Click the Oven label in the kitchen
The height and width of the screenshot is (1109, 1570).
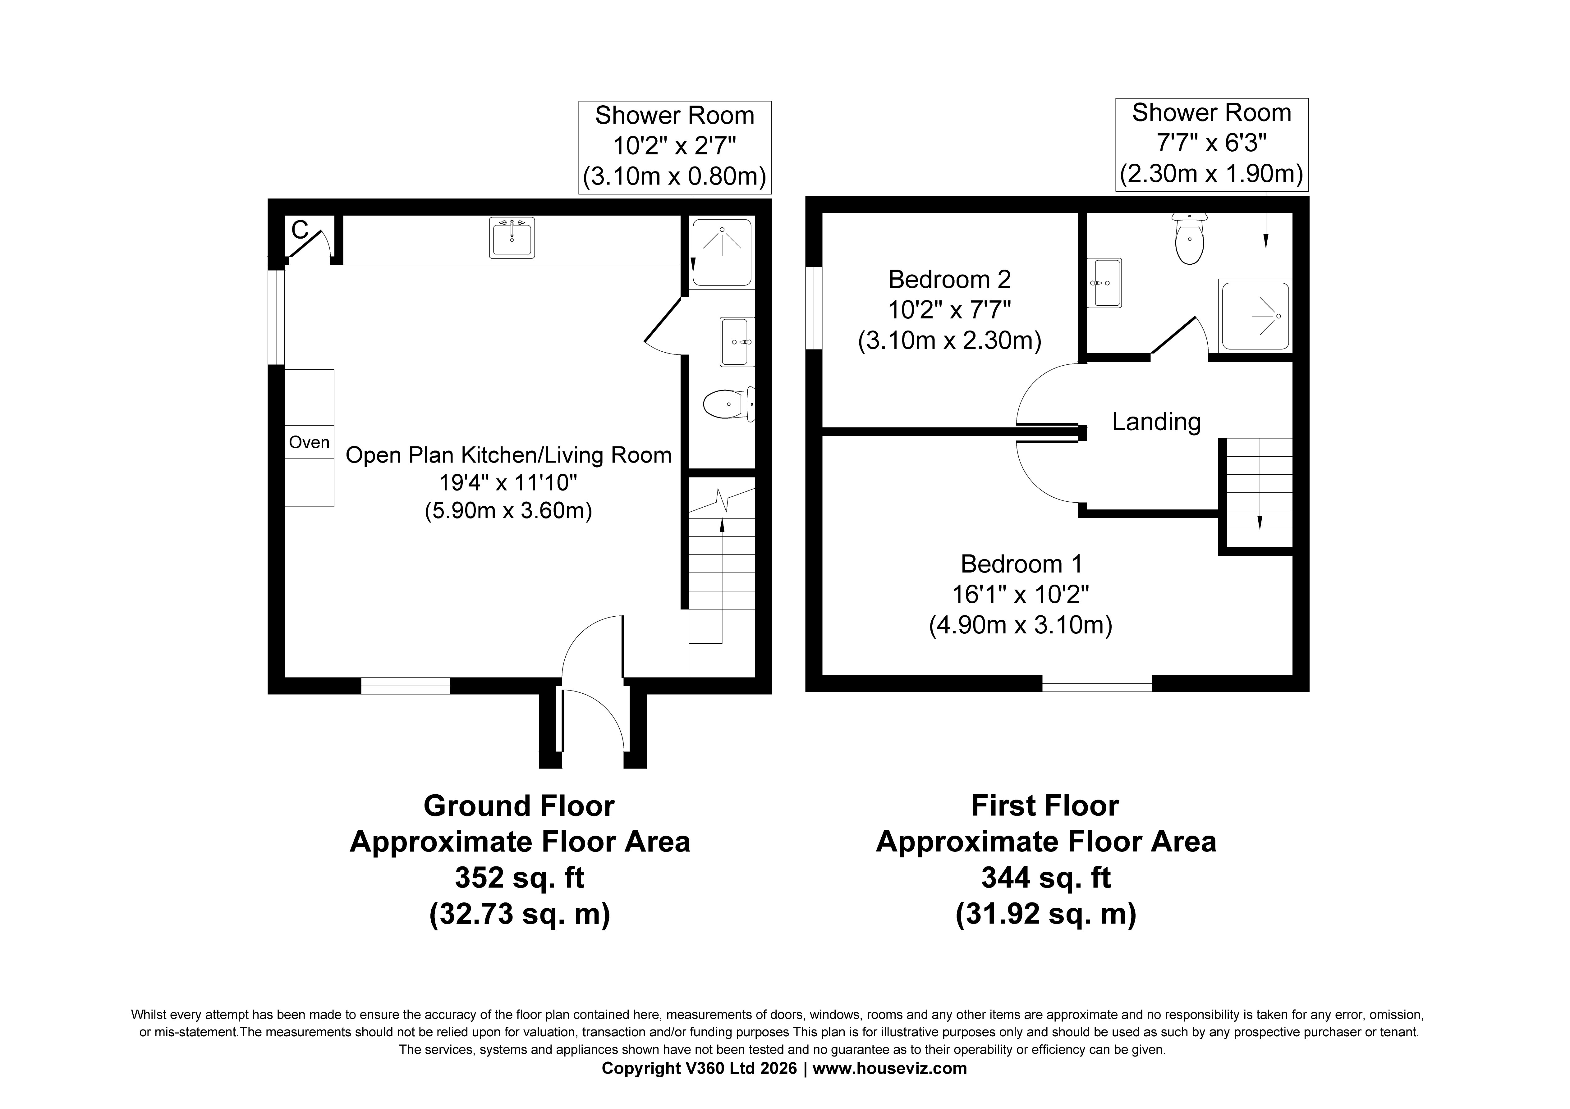point(309,442)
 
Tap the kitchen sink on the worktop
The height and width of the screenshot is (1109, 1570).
point(512,238)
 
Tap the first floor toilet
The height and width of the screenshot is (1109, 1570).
point(1190,238)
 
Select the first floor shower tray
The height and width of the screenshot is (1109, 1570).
point(1256,316)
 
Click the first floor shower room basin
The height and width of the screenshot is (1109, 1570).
point(1104,283)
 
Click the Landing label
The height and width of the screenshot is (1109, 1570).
point(1156,422)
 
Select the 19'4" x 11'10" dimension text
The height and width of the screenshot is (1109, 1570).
point(508,483)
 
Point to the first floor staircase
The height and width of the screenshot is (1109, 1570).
point(1259,492)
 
